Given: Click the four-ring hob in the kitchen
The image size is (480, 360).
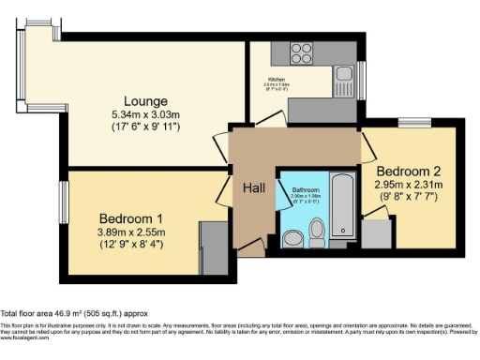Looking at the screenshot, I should [x=302, y=52].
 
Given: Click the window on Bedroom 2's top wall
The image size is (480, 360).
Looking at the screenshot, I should [x=410, y=122].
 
